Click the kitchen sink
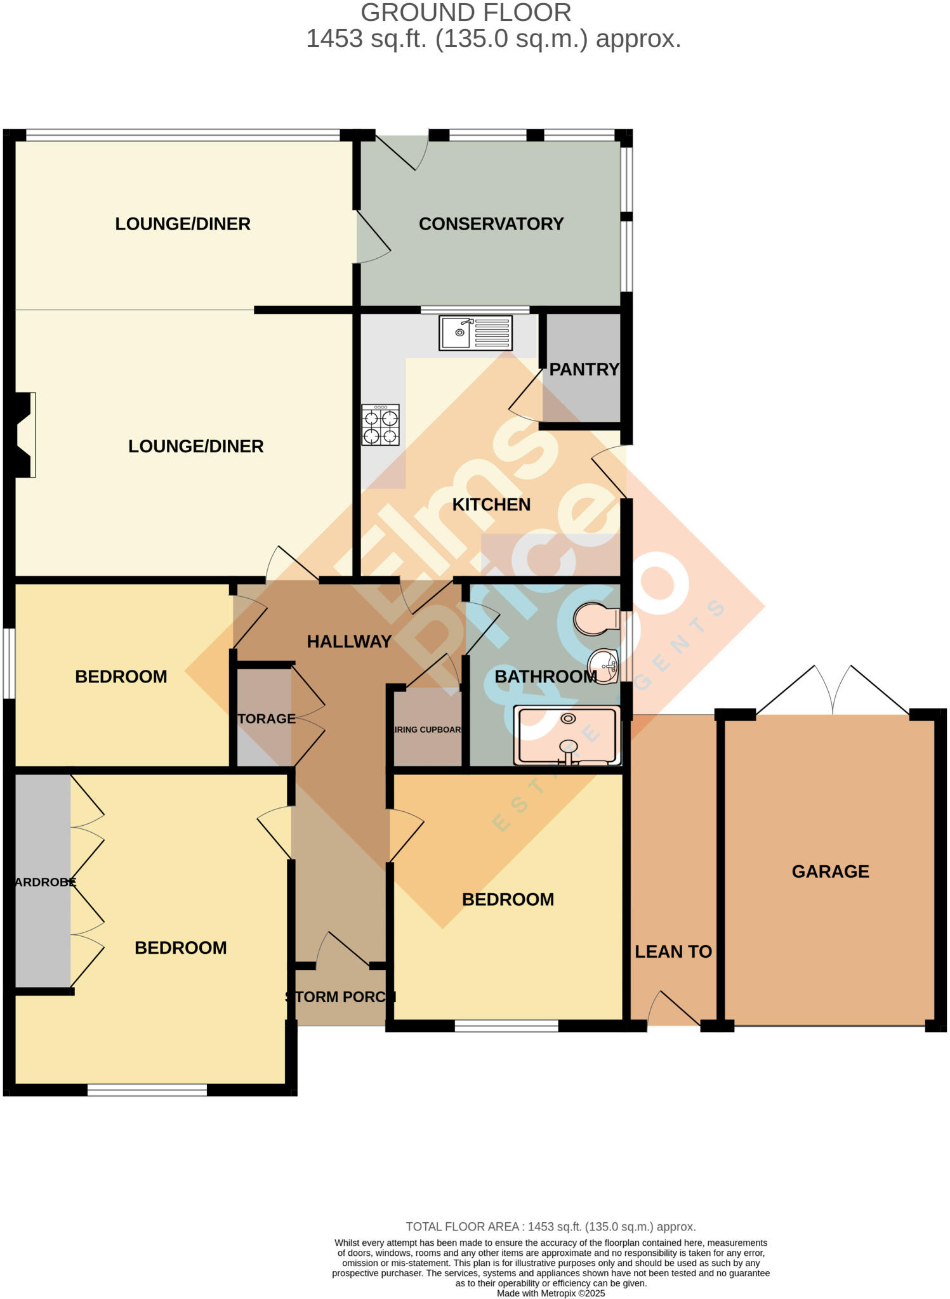(475, 332)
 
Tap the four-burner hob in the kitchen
(380, 425)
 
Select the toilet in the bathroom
(596, 618)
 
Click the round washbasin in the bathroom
(603, 667)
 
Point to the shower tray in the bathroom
(567, 735)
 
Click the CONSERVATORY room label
(491, 224)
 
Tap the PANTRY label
(584, 369)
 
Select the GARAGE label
(830, 871)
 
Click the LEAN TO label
(673, 951)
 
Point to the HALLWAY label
(349, 641)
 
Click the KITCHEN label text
(491, 505)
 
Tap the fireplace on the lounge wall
(25, 434)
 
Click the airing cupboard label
(428, 729)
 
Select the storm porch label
(341, 996)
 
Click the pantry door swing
(525, 400)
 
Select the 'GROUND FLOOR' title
(466, 13)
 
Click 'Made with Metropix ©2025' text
(551, 1293)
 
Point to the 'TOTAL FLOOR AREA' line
(551, 1227)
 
